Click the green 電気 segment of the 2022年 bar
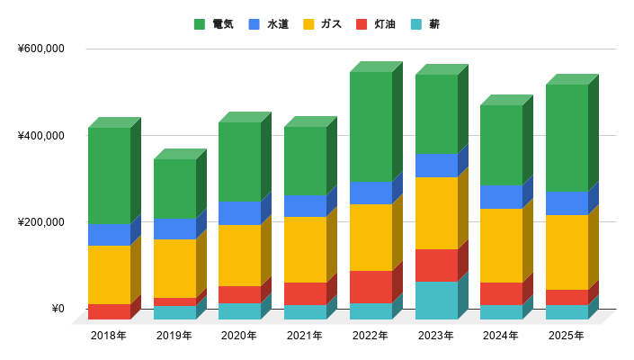(x=371, y=126)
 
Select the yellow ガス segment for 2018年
(x=109, y=274)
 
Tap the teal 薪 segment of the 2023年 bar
(x=436, y=301)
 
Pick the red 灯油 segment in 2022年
(x=371, y=287)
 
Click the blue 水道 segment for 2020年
(x=239, y=212)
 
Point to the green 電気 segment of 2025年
(x=567, y=138)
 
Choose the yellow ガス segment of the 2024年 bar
(x=501, y=246)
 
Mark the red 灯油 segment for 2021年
(x=305, y=294)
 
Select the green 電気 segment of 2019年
(x=174, y=189)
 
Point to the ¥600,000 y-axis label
(x=41, y=49)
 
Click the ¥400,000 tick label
(x=41, y=136)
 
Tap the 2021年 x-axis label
(x=305, y=336)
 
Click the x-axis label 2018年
(x=109, y=336)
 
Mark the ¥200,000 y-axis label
(x=41, y=222)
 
